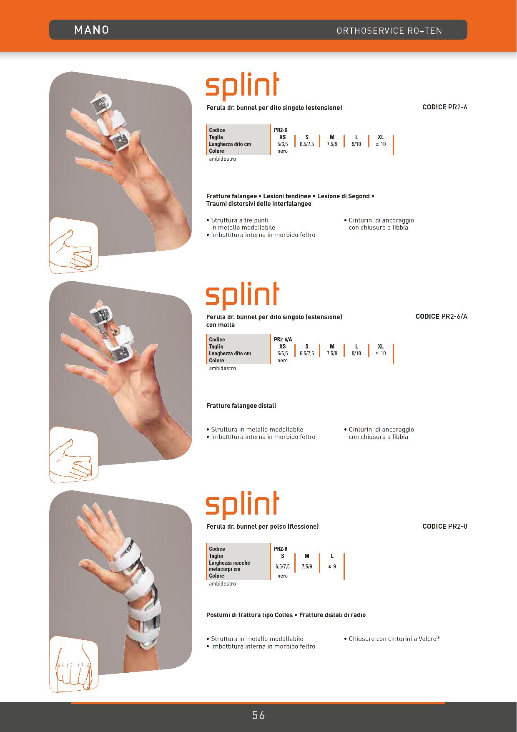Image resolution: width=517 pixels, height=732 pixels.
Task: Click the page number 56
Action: pyautogui.click(x=258, y=715)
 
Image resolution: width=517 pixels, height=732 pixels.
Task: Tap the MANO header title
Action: pyautogui.click(x=92, y=30)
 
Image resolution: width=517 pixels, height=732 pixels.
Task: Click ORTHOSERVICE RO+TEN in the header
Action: pyautogui.click(x=389, y=31)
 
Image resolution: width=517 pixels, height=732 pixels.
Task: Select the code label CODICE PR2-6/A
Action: pyautogui.click(x=442, y=316)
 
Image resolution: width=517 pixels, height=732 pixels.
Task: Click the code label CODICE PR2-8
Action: pyautogui.click(x=445, y=526)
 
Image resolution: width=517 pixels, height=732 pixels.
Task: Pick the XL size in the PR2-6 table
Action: pyautogui.click(x=381, y=137)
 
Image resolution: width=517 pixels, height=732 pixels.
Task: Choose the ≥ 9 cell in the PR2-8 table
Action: pyautogui.click(x=332, y=566)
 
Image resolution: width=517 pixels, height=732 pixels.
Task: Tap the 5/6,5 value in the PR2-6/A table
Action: pyautogui.click(x=283, y=353)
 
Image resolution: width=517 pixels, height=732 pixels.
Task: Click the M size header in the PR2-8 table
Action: pyautogui.click(x=307, y=556)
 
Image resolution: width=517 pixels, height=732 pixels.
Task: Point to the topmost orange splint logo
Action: pyautogui.click(x=242, y=86)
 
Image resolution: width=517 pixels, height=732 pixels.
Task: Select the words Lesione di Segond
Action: pyautogui.click(x=344, y=196)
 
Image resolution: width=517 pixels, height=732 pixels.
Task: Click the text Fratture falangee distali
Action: pyautogui.click(x=241, y=406)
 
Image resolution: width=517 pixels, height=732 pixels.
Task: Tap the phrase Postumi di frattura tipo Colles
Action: pyautogui.click(x=249, y=615)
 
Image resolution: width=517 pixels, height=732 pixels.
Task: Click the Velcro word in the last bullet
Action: pyautogui.click(x=429, y=639)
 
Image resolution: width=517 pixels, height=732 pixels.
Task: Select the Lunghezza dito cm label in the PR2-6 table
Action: pyautogui.click(x=230, y=144)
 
